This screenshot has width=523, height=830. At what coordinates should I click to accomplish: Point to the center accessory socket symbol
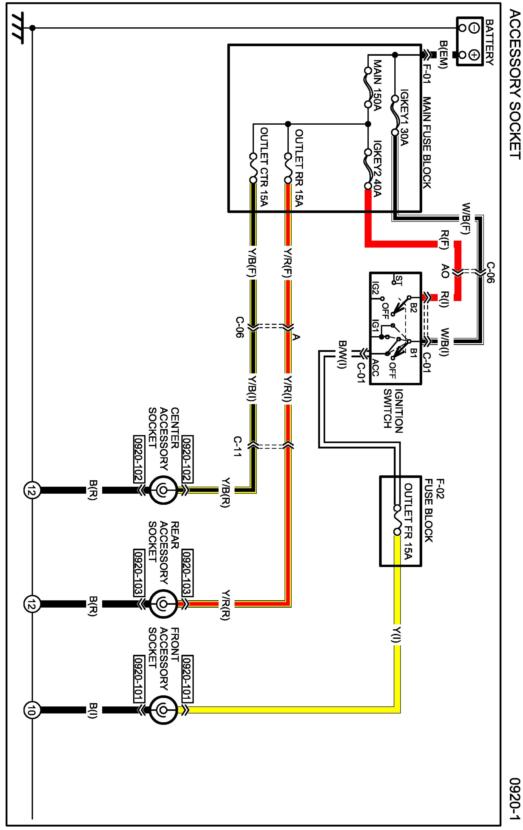coord(163,489)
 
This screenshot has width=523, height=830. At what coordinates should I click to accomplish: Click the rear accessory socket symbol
coord(163,604)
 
